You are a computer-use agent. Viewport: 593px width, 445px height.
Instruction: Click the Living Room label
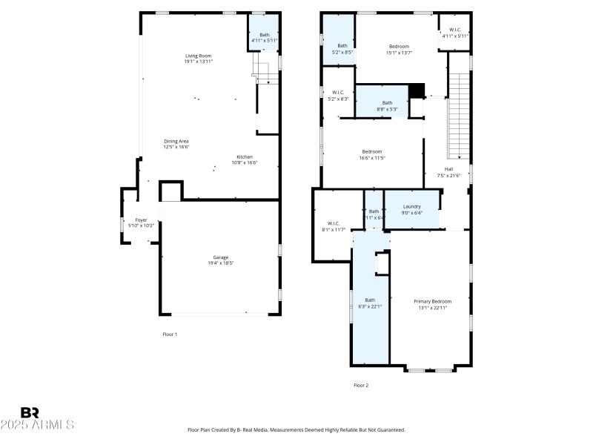(198, 56)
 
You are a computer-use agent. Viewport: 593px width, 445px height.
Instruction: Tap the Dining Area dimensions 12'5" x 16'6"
(176, 147)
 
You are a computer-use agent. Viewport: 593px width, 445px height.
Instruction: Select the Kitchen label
(245, 157)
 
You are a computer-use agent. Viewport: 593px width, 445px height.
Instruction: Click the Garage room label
(220, 257)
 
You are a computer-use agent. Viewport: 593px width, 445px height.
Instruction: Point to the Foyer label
(141, 220)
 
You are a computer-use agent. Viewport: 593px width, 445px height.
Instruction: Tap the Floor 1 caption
(170, 334)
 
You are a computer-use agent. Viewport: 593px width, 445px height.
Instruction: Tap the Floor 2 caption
(360, 385)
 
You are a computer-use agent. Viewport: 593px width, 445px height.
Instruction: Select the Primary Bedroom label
(432, 301)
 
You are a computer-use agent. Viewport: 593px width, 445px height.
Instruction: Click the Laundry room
(411, 209)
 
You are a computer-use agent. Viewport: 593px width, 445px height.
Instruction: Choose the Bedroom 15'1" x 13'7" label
(399, 47)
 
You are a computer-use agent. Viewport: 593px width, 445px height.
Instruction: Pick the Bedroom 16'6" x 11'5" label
(371, 151)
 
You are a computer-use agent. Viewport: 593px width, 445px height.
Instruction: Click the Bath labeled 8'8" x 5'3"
(387, 103)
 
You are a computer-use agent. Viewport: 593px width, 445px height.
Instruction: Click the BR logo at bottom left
(30, 412)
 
